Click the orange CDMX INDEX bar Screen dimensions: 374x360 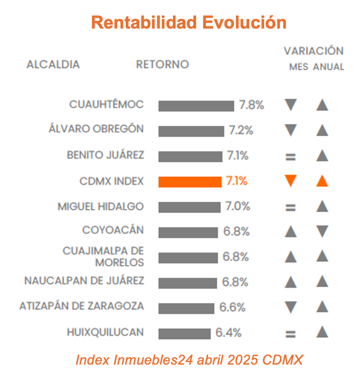tap(190, 182)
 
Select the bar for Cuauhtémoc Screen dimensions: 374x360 tap(196, 106)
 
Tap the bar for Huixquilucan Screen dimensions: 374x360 tap(184, 333)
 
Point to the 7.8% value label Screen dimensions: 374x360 tap(252, 105)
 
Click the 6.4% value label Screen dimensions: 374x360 tap(228, 333)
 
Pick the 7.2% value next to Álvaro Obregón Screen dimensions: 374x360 tap(241, 130)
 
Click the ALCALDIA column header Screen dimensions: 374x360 tap(53, 64)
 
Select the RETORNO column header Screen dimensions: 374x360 tap(162, 64)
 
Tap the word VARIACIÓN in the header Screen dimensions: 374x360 tap(314, 51)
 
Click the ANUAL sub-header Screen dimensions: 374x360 tap(328, 67)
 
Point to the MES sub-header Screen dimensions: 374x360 tap(299, 67)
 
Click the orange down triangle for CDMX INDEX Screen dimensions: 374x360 tap(291, 181)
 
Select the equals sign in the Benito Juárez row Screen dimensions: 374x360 tap(291, 157)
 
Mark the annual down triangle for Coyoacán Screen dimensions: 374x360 tap(323, 232)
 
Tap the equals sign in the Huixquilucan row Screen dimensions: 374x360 tap(291, 334)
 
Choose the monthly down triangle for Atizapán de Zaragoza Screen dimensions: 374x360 tap(291, 307)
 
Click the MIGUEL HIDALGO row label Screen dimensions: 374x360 tap(101, 207)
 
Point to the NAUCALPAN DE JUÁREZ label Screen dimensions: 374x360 tap(84, 281)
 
